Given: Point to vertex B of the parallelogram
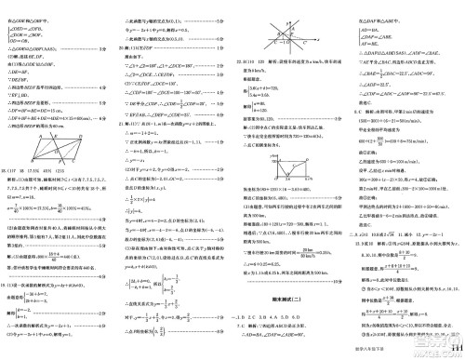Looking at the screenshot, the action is point(32,160).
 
